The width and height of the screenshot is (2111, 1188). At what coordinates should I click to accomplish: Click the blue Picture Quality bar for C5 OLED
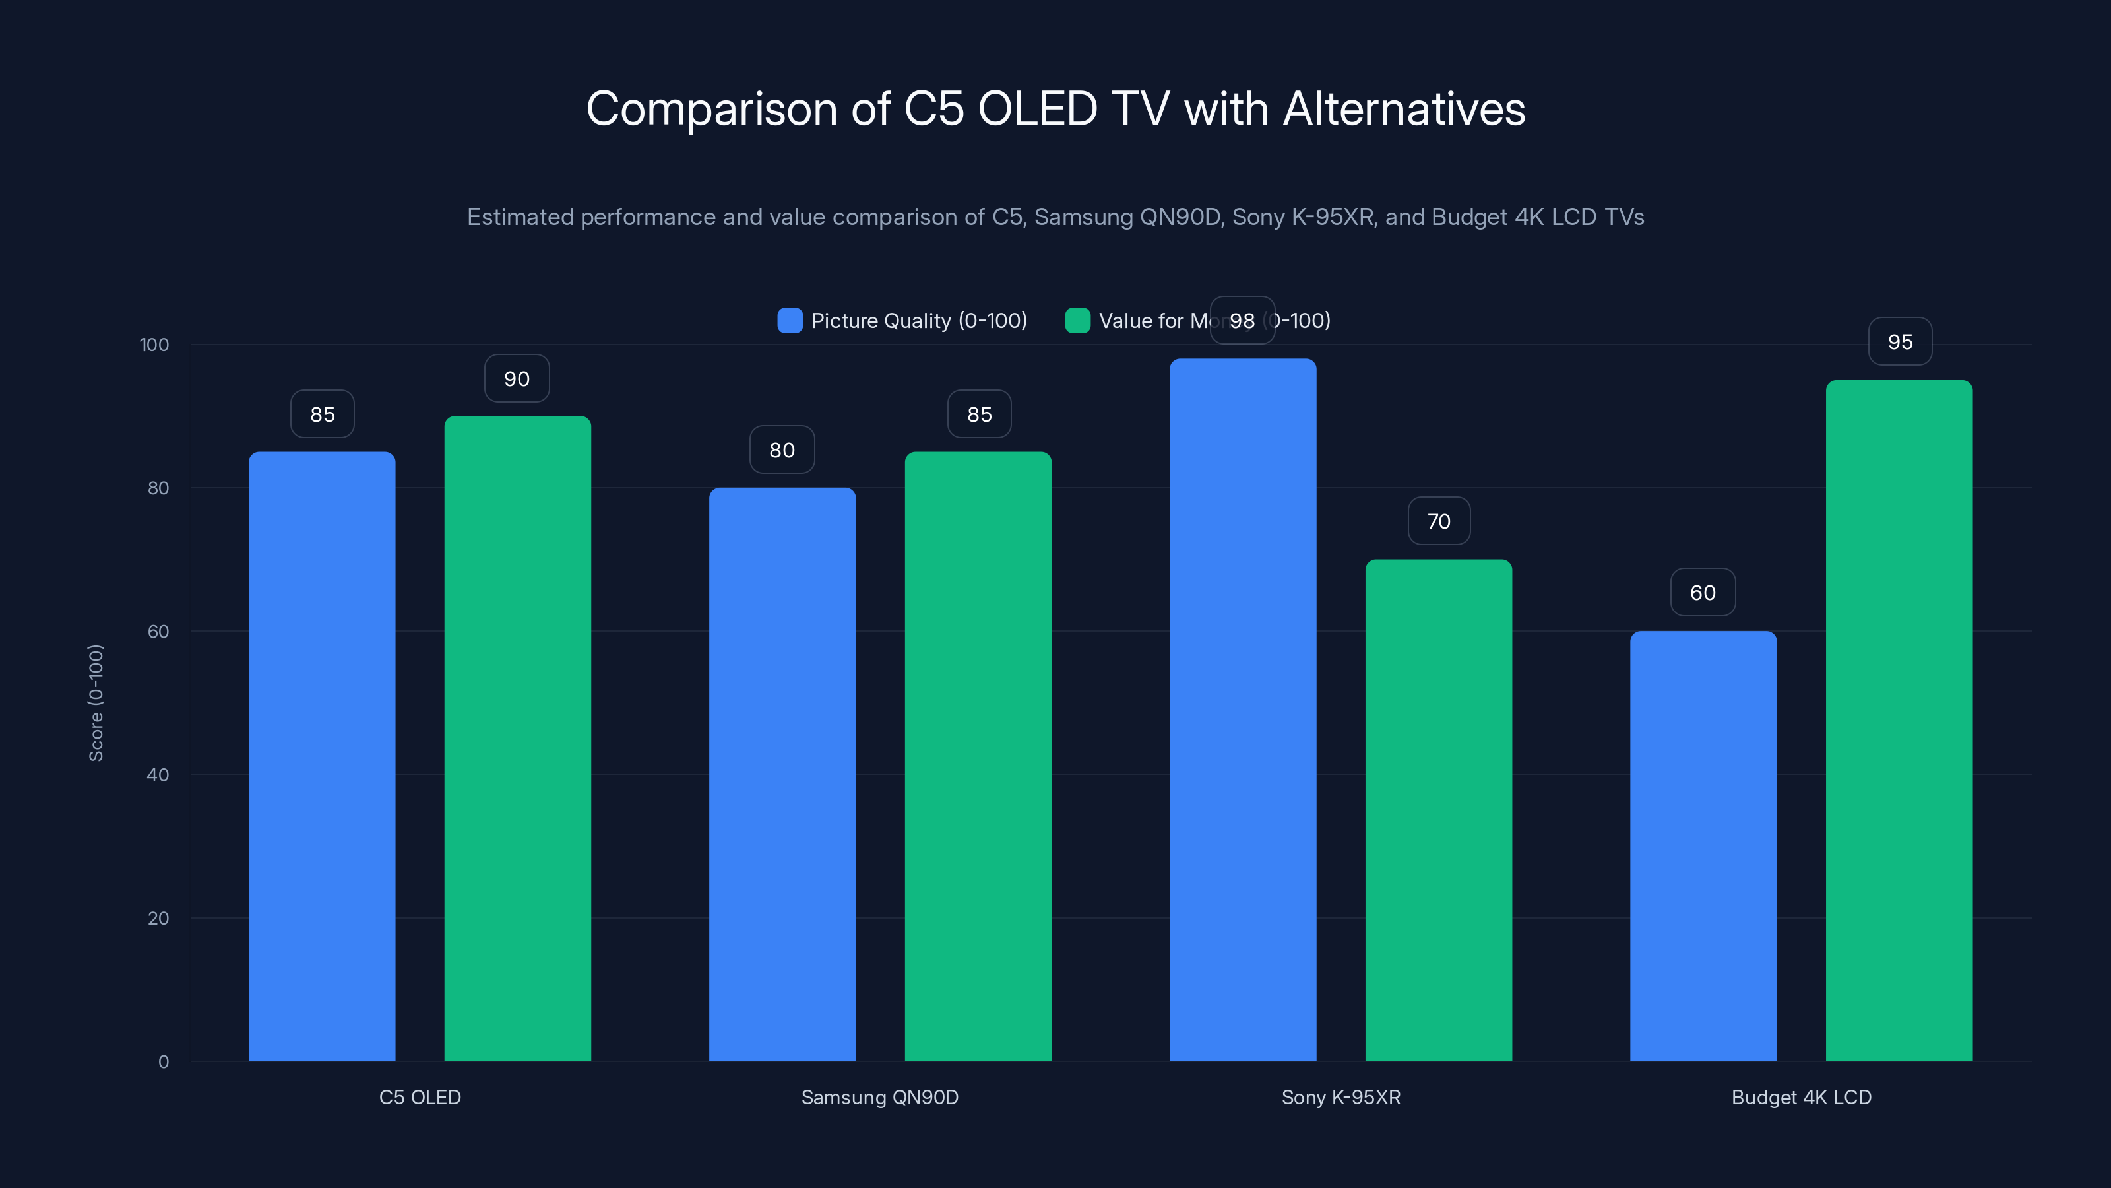(x=321, y=754)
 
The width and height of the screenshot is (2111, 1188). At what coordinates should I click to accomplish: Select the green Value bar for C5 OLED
(x=517, y=738)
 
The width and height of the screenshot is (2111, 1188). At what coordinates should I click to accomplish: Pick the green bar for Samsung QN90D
(x=978, y=754)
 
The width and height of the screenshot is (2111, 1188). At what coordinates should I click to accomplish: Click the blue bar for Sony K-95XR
(x=1242, y=709)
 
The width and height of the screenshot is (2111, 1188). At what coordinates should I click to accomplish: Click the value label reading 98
(x=1242, y=321)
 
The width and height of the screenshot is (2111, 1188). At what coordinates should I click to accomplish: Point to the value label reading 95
(x=1900, y=342)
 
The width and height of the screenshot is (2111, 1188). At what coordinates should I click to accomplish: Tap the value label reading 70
(x=1438, y=521)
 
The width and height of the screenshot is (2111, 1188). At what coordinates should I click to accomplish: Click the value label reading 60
(x=1703, y=593)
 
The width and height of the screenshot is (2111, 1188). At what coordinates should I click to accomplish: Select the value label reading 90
(x=517, y=379)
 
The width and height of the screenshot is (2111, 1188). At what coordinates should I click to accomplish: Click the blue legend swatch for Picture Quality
(x=790, y=321)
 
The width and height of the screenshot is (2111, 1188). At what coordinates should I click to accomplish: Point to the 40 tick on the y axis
(x=158, y=775)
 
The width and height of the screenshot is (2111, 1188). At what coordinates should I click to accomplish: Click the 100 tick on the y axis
(x=154, y=345)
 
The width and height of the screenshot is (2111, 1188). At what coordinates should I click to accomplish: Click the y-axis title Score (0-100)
(x=96, y=703)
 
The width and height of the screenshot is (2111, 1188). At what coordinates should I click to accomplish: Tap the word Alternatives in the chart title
(x=1403, y=109)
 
